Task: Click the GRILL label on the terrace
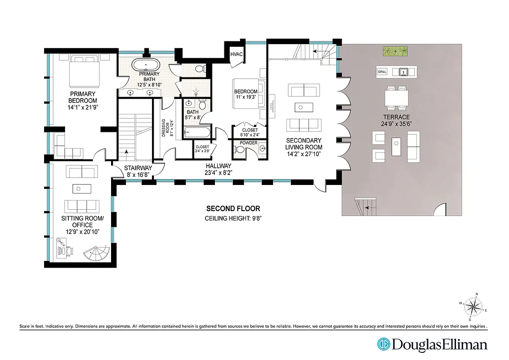tap(382, 72)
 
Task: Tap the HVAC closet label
tap(237, 54)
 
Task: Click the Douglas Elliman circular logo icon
tap(383, 344)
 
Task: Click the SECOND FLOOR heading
tap(233, 209)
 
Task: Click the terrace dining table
tap(397, 98)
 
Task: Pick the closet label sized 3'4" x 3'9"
tap(202, 148)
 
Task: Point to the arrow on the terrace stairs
tap(367, 208)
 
